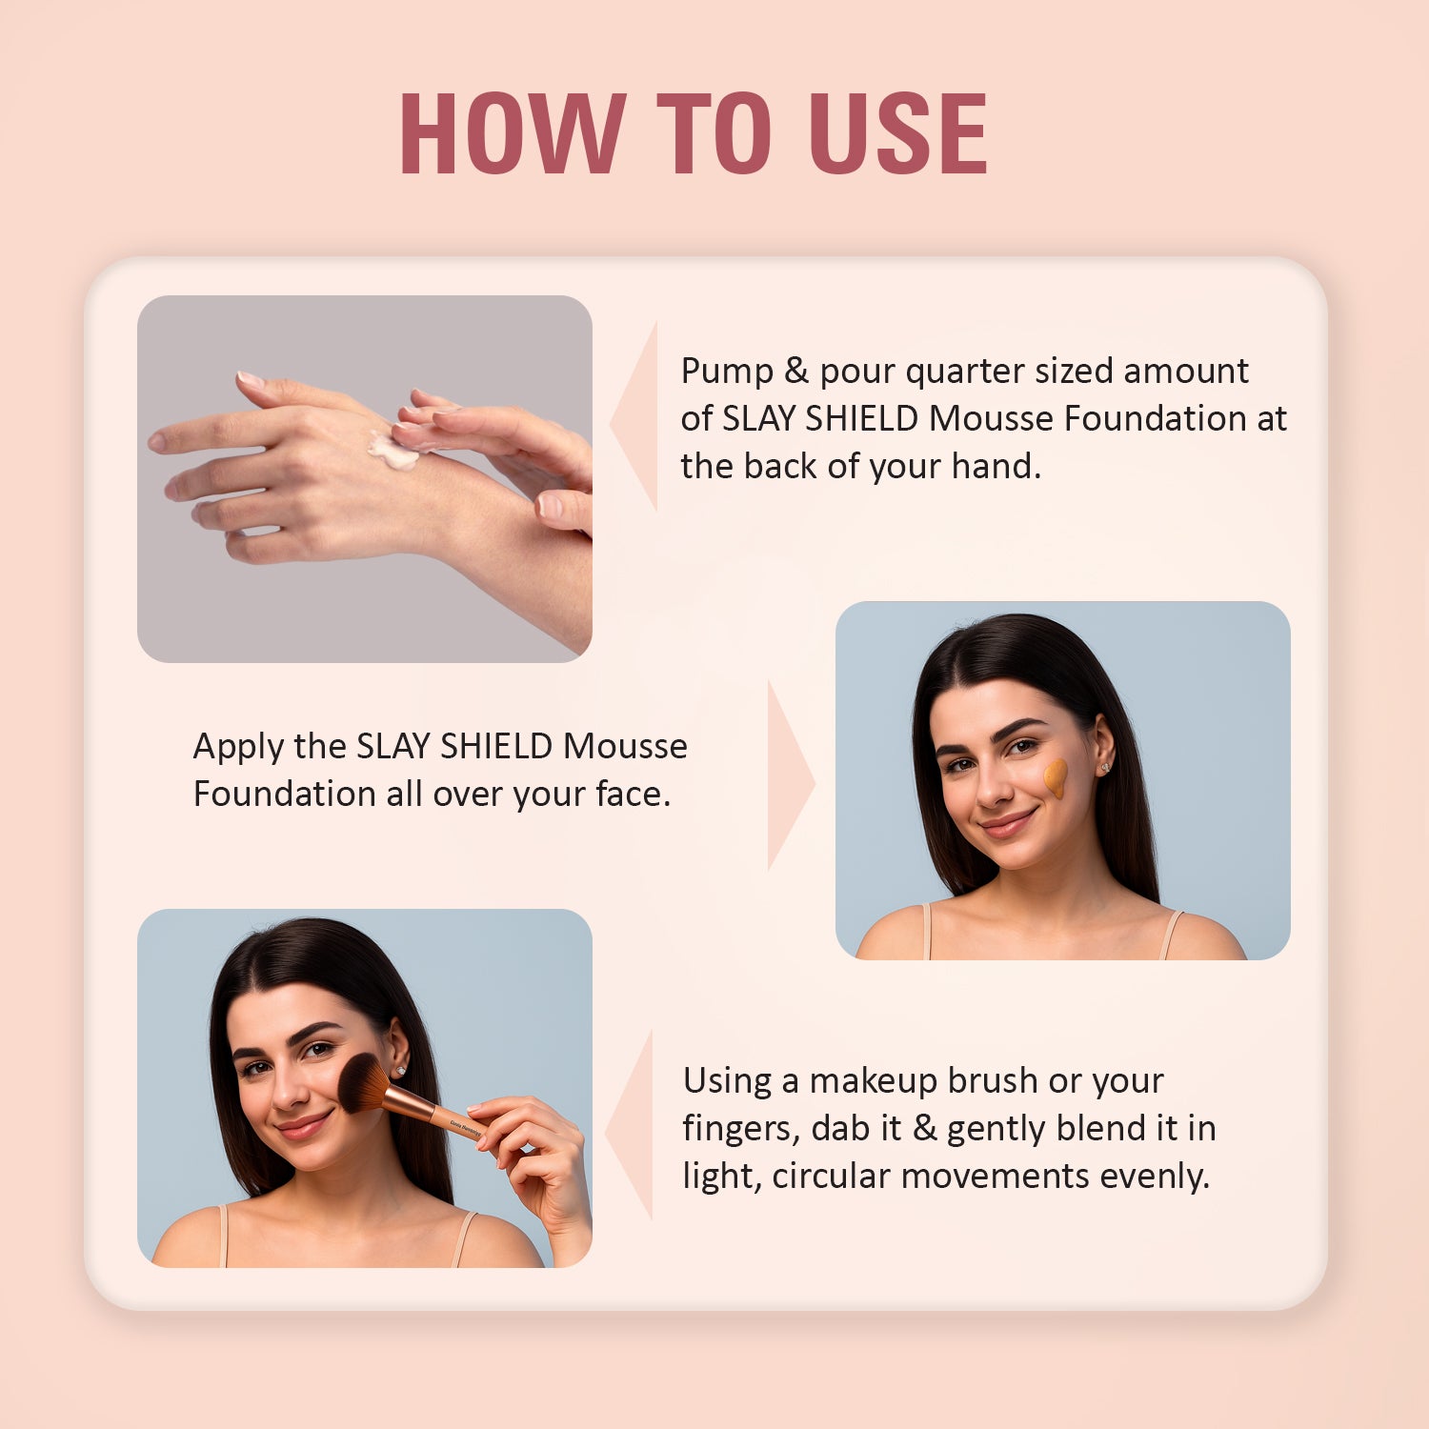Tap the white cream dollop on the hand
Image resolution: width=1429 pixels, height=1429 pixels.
tap(392, 451)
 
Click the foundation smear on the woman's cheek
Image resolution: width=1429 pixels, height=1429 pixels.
tap(1055, 776)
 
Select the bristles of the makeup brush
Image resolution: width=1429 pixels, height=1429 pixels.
tap(361, 1084)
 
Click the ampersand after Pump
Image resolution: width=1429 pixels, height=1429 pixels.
tap(795, 371)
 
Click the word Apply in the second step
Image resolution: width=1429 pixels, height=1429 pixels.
tap(238, 747)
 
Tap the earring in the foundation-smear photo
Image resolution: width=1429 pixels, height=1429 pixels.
tap(1106, 767)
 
